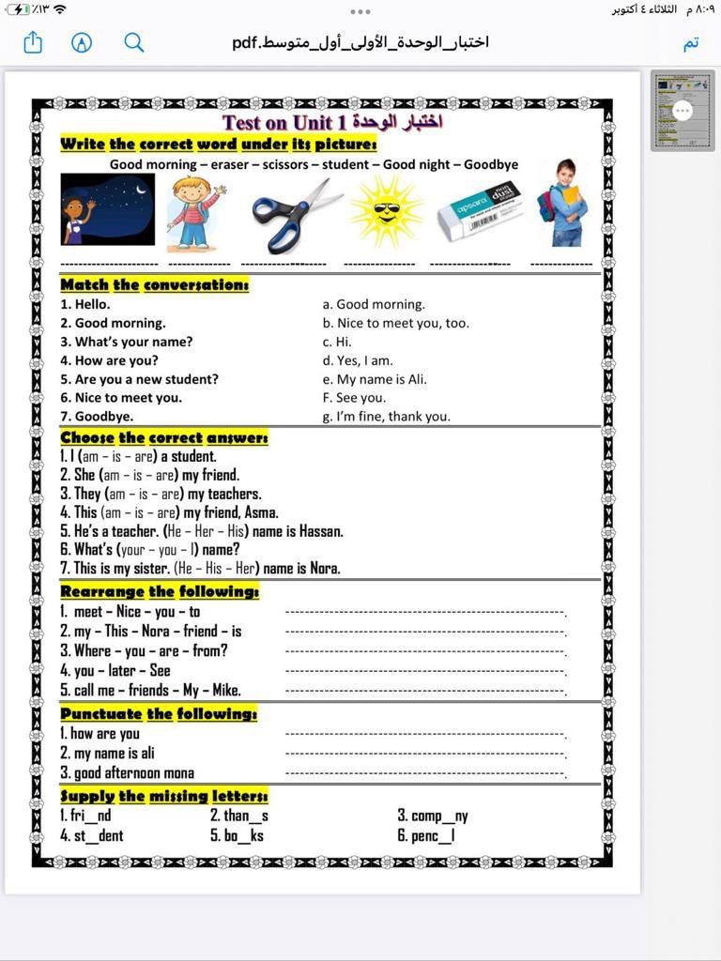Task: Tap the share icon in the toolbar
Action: coord(34,43)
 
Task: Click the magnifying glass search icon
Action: coord(134,43)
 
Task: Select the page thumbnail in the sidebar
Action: coord(682,111)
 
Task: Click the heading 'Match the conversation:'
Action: coord(154,284)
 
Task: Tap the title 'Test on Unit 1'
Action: coord(331,122)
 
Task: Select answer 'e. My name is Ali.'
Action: coord(375,379)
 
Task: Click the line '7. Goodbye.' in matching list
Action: coord(98,417)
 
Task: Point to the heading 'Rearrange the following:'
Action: coord(160,591)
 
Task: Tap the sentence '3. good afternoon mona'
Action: coord(127,773)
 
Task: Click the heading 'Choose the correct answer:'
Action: coord(164,437)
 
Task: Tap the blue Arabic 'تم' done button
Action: coord(691,43)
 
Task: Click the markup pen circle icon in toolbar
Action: coord(82,43)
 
